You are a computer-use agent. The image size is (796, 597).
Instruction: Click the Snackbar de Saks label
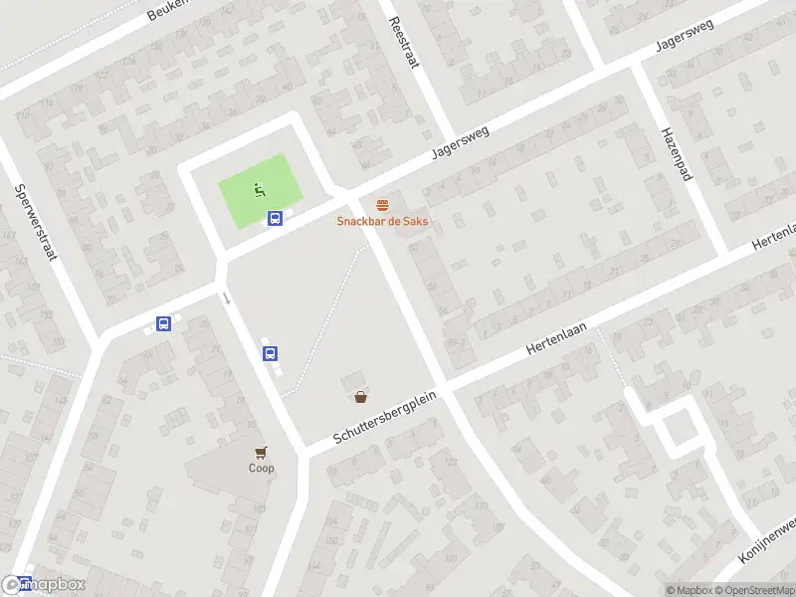(x=382, y=221)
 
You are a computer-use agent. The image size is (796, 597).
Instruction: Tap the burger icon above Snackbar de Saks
(x=382, y=205)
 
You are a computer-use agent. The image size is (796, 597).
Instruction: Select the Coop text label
(x=262, y=468)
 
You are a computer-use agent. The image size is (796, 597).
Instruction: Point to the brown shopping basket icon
(x=360, y=396)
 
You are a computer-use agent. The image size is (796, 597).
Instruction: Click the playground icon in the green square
(x=259, y=188)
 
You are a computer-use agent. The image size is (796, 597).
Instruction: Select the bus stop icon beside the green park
(x=276, y=219)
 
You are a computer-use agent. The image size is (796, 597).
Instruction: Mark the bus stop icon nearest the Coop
(x=270, y=352)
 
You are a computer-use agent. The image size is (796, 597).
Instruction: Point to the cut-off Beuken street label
(x=166, y=11)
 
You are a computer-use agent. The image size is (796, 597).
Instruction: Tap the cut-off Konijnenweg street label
(x=769, y=538)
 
